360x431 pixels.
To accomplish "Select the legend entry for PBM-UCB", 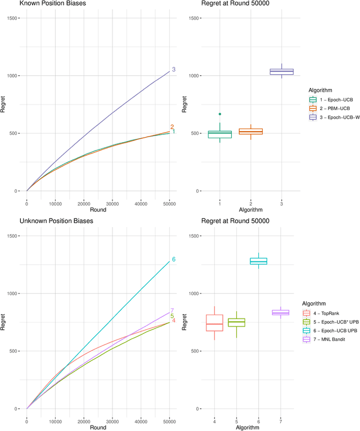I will point(339,108).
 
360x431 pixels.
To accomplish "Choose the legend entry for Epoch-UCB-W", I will point(343,117).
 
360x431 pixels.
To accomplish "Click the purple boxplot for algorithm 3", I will point(281,71).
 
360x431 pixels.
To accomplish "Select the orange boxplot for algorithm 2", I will point(250,131).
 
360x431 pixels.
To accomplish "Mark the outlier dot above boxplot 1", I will point(219,114).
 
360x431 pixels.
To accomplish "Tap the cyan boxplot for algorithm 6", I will point(259,261).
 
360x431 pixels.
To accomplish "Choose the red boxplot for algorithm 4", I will point(214,323).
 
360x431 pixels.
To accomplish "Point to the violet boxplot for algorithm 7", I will point(280,312).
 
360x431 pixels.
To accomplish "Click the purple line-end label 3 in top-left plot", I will point(174,70).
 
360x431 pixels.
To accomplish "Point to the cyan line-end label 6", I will point(174,260).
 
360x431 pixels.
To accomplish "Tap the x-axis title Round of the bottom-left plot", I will point(98,427).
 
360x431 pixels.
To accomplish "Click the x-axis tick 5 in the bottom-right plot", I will point(236,421).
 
